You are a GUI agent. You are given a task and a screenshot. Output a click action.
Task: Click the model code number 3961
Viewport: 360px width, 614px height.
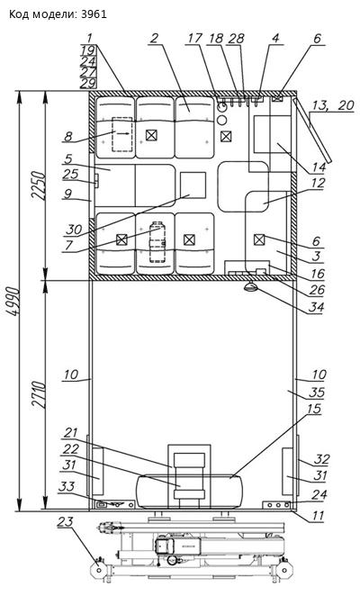pyautogui.click(x=94, y=14)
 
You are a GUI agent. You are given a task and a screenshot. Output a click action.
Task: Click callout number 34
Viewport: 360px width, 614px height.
pyautogui.click(x=315, y=307)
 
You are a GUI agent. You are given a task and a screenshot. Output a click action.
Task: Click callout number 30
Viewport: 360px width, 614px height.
pyautogui.click(x=74, y=230)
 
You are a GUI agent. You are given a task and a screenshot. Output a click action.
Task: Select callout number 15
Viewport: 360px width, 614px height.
pyautogui.click(x=314, y=409)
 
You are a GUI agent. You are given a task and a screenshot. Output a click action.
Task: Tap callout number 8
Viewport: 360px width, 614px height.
pyautogui.click(x=68, y=137)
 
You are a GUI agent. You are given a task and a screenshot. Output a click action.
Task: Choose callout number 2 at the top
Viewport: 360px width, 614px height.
pyautogui.click(x=154, y=38)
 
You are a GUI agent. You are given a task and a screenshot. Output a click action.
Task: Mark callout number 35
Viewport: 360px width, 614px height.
pyautogui.click(x=317, y=392)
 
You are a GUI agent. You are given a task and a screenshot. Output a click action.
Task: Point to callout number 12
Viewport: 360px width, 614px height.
pyautogui.click(x=318, y=183)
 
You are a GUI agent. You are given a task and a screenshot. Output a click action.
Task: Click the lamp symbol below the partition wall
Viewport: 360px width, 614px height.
pyautogui.click(x=251, y=287)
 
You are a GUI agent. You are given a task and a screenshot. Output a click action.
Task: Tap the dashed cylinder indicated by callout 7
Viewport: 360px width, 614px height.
pyautogui.click(x=157, y=242)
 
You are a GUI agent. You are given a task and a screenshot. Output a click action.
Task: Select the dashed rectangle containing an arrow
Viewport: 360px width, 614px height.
pyautogui.click(x=122, y=134)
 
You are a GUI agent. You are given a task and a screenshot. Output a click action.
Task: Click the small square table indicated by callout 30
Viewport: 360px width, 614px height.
pyautogui.click(x=193, y=185)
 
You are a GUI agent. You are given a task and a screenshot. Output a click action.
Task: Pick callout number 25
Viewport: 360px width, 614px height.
pyautogui.click(x=71, y=174)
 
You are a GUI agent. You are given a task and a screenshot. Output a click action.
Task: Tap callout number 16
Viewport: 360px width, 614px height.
pyautogui.click(x=318, y=274)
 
